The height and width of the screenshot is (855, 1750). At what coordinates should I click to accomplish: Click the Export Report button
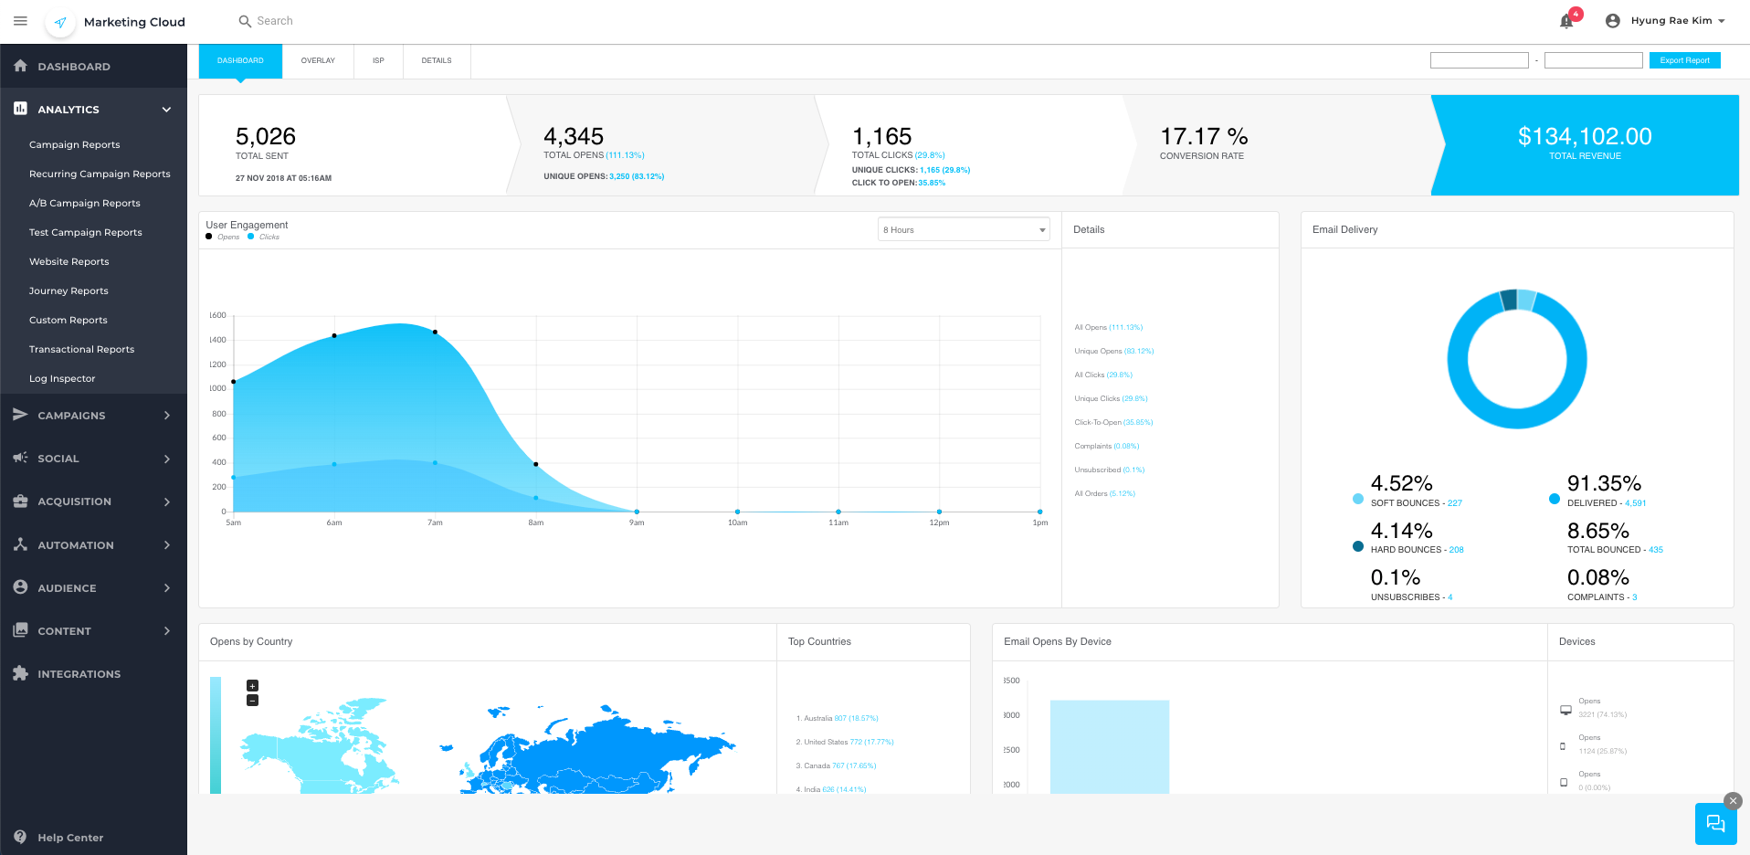point(1684,60)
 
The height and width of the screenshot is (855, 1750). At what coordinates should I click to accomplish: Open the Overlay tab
point(318,60)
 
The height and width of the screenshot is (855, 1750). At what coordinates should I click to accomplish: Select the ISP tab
point(378,60)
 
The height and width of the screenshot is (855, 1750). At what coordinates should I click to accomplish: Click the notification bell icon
point(1566,21)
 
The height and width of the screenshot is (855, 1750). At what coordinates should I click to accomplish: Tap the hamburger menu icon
point(20,21)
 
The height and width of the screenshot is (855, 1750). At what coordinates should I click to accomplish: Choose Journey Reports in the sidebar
point(69,290)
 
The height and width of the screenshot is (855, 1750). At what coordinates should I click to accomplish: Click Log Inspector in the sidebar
point(62,378)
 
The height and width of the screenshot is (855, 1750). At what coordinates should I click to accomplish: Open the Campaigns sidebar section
point(71,416)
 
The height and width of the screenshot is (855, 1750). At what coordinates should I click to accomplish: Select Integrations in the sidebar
point(79,674)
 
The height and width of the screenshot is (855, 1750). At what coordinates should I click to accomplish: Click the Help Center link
point(70,838)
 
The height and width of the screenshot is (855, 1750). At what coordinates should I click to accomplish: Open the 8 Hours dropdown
point(964,230)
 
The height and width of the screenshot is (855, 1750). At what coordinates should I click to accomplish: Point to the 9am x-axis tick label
point(637,523)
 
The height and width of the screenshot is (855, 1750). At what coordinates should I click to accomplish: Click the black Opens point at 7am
point(435,332)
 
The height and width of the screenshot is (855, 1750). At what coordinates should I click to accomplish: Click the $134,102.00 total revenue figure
point(1585,137)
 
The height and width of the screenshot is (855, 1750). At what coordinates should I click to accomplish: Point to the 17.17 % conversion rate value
point(1204,137)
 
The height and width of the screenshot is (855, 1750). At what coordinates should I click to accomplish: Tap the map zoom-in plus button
point(253,686)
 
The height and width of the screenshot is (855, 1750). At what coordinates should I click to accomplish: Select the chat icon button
point(1715,824)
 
